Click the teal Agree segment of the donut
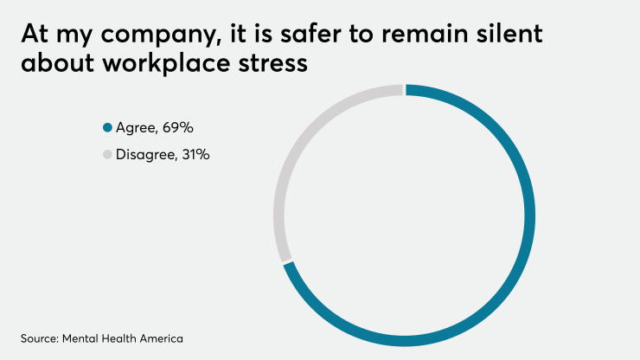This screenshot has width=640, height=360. (528, 216)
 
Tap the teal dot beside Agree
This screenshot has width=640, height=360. (107, 129)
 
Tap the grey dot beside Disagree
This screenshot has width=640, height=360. (107, 155)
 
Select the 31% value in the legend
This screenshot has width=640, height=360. (194, 155)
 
